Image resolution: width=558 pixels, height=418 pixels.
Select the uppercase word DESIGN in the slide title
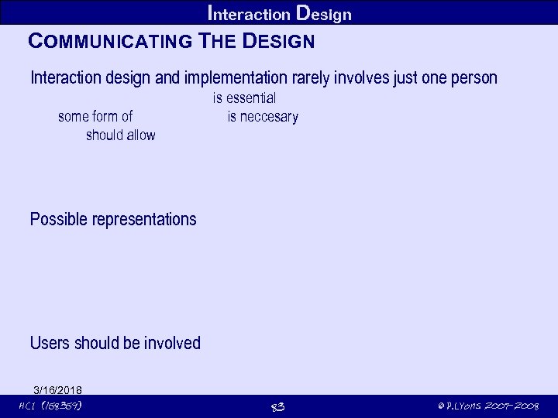click(x=279, y=42)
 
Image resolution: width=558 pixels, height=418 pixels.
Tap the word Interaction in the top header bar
click(x=250, y=14)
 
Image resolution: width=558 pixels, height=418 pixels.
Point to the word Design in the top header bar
click(x=325, y=14)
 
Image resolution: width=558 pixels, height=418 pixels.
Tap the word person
click(x=472, y=78)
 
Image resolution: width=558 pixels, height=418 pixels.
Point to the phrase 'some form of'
click(x=95, y=117)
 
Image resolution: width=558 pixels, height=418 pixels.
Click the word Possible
click(x=59, y=220)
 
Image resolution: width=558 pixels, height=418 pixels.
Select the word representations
click(x=144, y=220)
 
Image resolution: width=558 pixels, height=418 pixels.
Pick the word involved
click(x=170, y=343)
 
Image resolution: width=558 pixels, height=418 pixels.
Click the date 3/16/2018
click(x=58, y=389)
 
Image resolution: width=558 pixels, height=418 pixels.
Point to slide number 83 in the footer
click(x=277, y=407)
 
